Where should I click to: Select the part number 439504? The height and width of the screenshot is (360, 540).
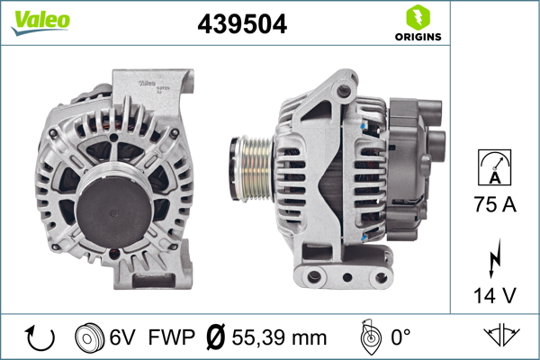[x=242, y=25]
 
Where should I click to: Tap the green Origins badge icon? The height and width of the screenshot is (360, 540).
[x=417, y=17]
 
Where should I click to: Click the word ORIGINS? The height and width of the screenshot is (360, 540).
[x=417, y=37]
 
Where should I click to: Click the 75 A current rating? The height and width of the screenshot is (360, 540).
[x=495, y=205]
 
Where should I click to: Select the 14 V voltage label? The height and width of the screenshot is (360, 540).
[x=495, y=294]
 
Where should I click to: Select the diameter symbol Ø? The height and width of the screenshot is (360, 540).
[x=215, y=338]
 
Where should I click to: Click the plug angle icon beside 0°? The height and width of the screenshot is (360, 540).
[x=366, y=338]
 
